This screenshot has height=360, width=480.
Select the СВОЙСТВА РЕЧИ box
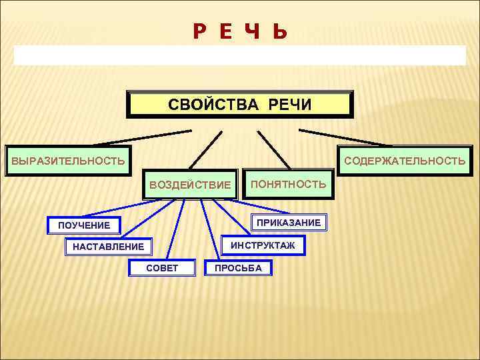point(240,105)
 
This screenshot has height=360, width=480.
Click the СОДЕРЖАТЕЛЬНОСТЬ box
point(405,161)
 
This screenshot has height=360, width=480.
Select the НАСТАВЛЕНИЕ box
point(108,247)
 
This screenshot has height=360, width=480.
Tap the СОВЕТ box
point(162,268)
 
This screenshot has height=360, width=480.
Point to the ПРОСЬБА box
point(238,268)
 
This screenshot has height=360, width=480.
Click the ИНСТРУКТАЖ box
point(262,246)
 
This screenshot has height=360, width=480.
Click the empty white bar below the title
point(240,55)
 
